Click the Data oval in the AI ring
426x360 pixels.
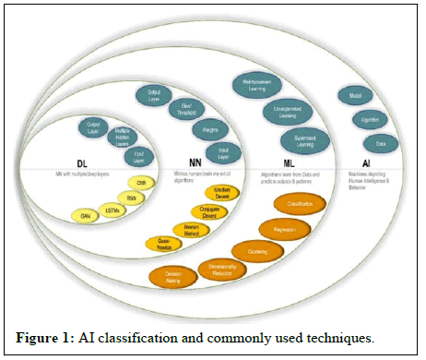(380, 143)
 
